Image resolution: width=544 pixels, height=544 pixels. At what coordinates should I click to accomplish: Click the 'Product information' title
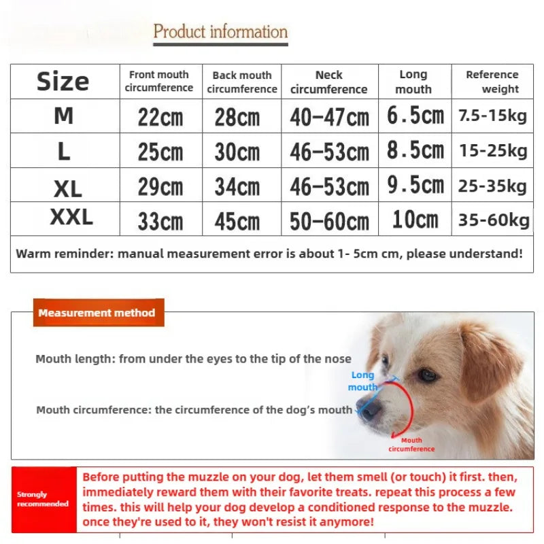pos(220,31)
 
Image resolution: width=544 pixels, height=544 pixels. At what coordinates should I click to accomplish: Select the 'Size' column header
pos(63,82)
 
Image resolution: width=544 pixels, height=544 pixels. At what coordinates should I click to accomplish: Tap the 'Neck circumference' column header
pos(329,82)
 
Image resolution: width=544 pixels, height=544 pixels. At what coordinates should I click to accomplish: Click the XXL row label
pos(71,218)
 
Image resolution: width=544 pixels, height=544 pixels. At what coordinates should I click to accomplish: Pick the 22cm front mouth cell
pos(160,117)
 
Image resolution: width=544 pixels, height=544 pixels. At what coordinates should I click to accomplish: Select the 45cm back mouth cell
pos(237,221)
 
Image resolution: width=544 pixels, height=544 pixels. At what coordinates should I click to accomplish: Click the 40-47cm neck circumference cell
pos(329,117)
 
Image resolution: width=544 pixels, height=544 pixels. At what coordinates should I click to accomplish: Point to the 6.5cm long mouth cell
pos(415,116)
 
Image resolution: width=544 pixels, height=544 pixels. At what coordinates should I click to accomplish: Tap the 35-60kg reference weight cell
pos(493,220)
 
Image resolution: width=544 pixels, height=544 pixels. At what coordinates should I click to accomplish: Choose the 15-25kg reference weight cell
pos(493,150)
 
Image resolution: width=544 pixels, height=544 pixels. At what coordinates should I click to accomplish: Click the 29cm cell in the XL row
pos(160,186)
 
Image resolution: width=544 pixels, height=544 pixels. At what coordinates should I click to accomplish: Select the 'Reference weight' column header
pos(492,82)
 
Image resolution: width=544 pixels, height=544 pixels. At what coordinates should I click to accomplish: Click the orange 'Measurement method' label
pos(97,313)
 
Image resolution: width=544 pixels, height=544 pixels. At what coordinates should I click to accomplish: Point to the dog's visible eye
pos(427,374)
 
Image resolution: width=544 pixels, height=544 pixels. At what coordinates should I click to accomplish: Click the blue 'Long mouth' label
pos(362,381)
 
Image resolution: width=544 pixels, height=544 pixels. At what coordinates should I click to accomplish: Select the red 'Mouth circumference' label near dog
pos(411,445)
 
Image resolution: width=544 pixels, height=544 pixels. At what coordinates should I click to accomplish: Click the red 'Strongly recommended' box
pos(43,499)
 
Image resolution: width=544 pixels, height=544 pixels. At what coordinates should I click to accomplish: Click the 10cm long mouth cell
pos(415,220)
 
